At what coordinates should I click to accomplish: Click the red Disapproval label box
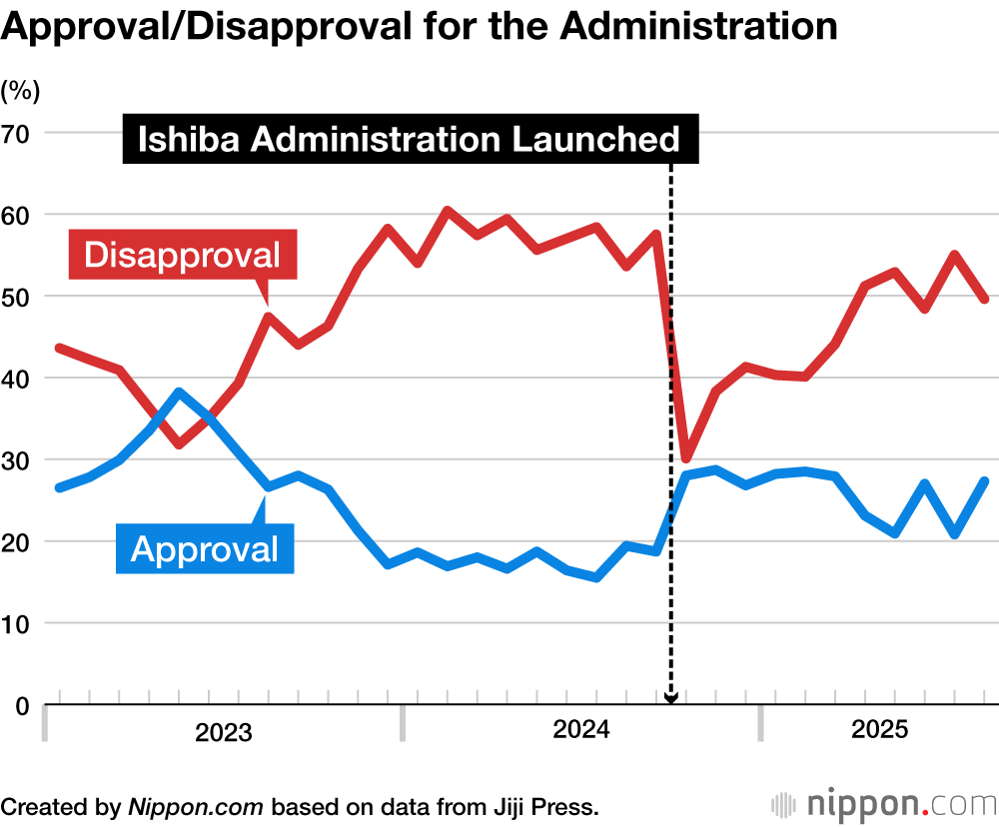(183, 255)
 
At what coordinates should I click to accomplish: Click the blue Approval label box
(205, 548)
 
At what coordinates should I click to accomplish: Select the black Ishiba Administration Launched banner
(409, 140)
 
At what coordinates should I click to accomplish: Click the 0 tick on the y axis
(22, 705)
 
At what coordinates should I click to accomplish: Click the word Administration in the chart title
(698, 27)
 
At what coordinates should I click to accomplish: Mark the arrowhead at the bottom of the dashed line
(671, 699)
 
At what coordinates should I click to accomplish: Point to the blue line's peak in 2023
(179, 392)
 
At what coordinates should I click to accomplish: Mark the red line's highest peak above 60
(447, 211)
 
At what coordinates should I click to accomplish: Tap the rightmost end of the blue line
(986, 481)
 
